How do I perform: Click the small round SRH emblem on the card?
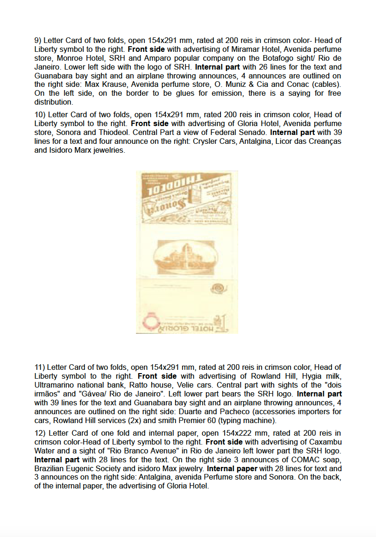click(x=217, y=289)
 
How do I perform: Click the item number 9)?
click(x=38, y=40)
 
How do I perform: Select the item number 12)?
click(x=41, y=433)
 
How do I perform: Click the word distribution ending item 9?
click(x=53, y=102)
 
